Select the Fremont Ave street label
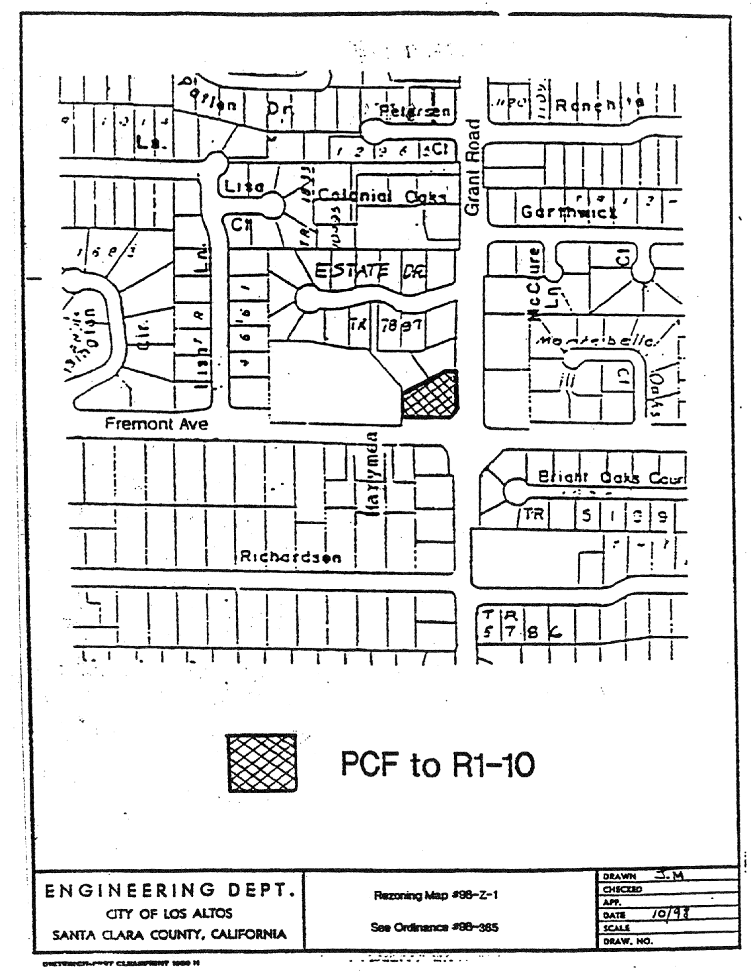[156, 424]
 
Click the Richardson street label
[291, 557]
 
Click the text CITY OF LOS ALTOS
[169, 913]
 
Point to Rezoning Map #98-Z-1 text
[435, 896]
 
